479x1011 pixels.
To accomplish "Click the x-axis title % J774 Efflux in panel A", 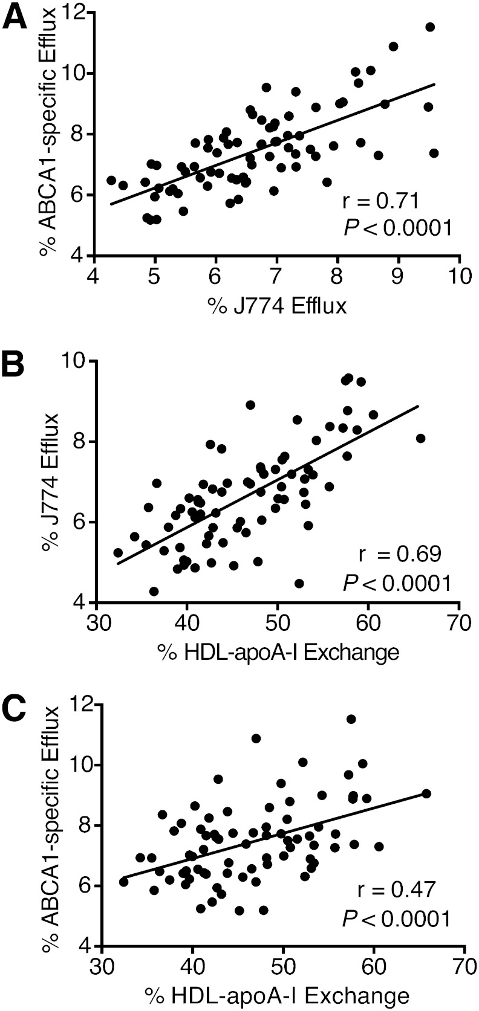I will (x=278, y=306).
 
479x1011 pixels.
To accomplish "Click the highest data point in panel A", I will (x=430, y=27).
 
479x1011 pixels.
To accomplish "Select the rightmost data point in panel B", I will (x=421, y=438).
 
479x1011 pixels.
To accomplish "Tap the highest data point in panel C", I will (x=351, y=719).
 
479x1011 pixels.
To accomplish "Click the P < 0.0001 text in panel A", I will (x=397, y=228).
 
